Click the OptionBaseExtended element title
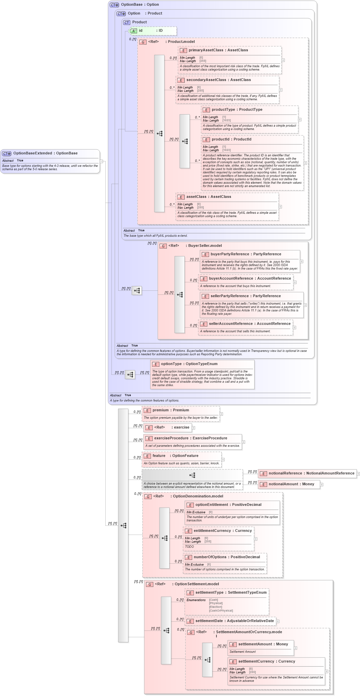45,153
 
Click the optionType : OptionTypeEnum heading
189,364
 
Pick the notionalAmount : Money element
291,484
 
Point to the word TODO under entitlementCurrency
189,547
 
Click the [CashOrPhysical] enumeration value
221,611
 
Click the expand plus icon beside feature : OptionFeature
223,460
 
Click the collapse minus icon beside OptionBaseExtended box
101,161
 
